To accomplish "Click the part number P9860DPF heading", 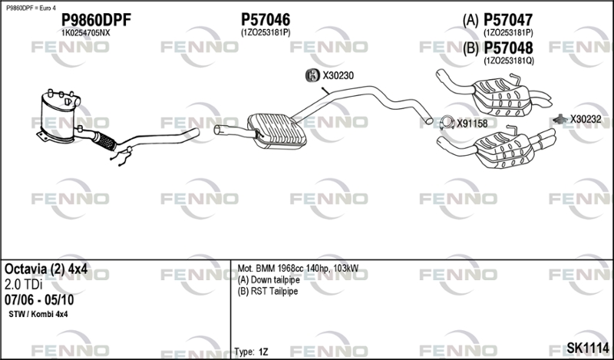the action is [x=97, y=20].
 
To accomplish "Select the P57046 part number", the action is [x=266, y=20].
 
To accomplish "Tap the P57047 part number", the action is [x=508, y=20].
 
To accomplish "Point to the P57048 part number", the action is [x=508, y=48].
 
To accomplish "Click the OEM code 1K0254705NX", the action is [x=86, y=33].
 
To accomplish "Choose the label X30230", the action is [x=338, y=75].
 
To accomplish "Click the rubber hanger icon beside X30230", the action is [x=312, y=75].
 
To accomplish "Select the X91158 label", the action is [x=472, y=124].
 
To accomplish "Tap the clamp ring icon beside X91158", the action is [x=447, y=123].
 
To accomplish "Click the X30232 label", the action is [x=586, y=119].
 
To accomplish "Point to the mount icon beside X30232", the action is [x=561, y=118].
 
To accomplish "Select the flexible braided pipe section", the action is [x=104, y=141].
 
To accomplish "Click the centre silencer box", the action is [x=277, y=131].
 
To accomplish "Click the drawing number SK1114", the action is [x=588, y=348].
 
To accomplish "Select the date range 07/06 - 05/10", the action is [x=39, y=300].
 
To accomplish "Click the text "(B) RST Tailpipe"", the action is [x=268, y=292].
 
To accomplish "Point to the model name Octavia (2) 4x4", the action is [x=46, y=269].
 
